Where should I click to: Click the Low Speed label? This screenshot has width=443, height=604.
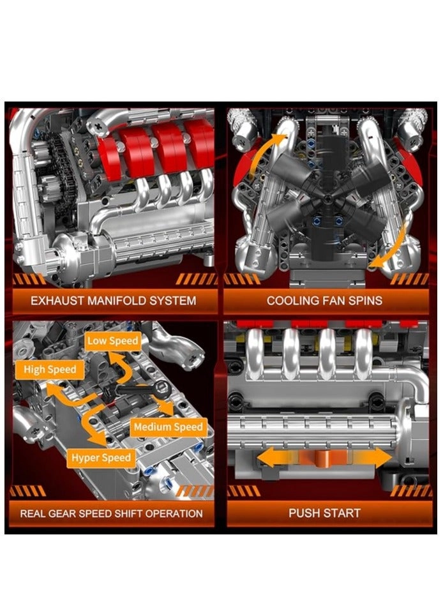[112, 341]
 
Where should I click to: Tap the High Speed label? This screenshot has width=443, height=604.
[50, 370]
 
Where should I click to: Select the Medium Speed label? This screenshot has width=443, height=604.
[168, 427]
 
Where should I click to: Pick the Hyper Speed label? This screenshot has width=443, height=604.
[101, 458]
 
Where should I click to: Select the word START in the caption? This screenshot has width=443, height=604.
[343, 513]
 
